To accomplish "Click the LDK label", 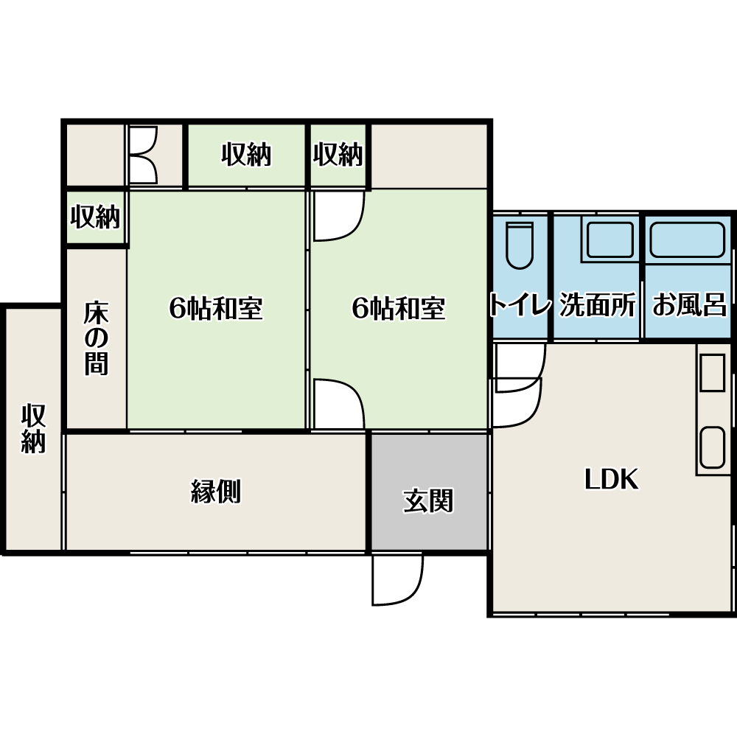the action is (612, 479).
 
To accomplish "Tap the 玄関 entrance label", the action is (428, 500).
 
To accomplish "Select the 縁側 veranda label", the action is (216, 491).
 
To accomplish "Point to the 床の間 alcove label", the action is (97, 338).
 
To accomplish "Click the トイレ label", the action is (520, 304).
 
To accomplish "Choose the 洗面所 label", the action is (598, 304).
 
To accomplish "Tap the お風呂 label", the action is (690, 304).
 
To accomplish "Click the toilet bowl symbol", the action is (520, 245).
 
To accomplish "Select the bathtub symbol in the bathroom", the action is (687, 240).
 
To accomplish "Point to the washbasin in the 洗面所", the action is (609, 240).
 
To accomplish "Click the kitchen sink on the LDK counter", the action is (712, 447).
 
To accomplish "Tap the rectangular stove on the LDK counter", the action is (712, 372).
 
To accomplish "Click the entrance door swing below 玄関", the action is (398, 579).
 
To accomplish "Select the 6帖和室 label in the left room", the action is (216, 308).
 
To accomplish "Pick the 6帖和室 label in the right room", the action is (399, 308).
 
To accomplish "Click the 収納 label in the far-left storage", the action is (33, 427).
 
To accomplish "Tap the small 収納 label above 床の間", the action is (95, 217).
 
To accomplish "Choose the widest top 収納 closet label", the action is (246, 154).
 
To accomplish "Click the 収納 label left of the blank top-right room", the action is (338, 154).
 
